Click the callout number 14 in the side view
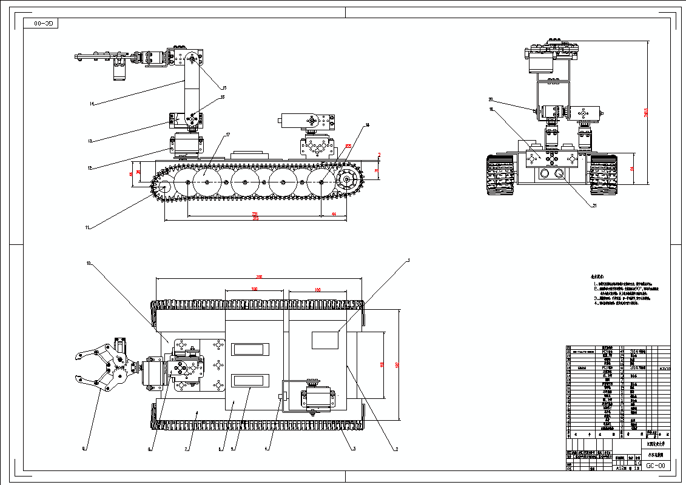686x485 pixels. pyautogui.click(x=92, y=104)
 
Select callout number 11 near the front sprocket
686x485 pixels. pyautogui.click(x=87, y=227)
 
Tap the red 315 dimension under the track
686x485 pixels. pyautogui.click(x=255, y=219)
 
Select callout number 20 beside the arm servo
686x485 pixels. pyautogui.click(x=491, y=100)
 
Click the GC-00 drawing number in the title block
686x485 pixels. pyautogui.click(x=656, y=466)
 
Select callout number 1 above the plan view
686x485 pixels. pyautogui.click(x=408, y=260)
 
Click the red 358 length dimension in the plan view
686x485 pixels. pyautogui.click(x=259, y=276)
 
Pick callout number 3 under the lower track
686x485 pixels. pyautogui.click(x=353, y=449)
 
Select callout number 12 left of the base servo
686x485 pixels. pyautogui.click(x=89, y=168)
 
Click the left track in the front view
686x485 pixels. pyautogui.click(x=500, y=175)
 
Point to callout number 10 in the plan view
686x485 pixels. pyautogui.click(x=89, y=264)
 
